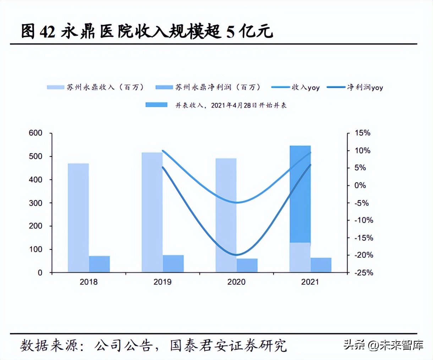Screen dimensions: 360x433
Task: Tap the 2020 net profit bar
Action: pos(247,265)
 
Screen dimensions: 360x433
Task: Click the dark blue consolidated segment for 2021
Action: pos(300,194)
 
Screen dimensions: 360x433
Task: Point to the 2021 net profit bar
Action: pos(321,265)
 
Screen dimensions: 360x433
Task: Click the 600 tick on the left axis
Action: pos(35,133)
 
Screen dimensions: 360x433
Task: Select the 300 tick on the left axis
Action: pos(35,203)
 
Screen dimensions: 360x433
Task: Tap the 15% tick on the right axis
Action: pos(362,133)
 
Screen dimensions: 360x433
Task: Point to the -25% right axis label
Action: pos(364,273)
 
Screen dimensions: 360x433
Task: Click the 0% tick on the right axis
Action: pos(360,185)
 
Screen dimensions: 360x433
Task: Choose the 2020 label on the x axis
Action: pos(236,282)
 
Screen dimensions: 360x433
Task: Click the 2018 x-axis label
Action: pos(89,282)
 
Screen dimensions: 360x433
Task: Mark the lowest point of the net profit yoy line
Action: pos(236,255)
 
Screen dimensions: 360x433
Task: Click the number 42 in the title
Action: pos(48,32)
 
